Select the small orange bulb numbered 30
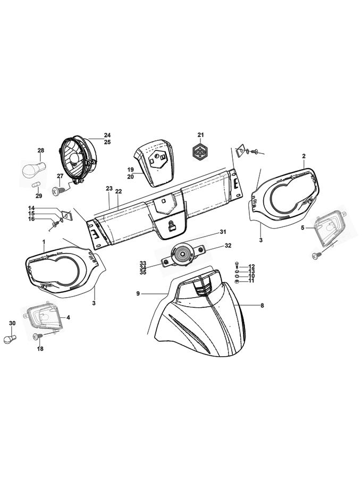tap(11, 339)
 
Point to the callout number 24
tap(107, 135)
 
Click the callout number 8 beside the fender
tap(262, 306)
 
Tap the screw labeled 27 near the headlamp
tap(56, 189)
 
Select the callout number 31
tap(223, 232)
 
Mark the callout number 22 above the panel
tap(119, 191)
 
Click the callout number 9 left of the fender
tap(138, 293)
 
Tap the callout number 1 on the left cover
tap(44, 242)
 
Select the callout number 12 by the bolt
tap(251, 266)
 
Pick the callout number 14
tap(31, 208)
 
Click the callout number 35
tap(142, 273)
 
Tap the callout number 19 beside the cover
tap(130, 170)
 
